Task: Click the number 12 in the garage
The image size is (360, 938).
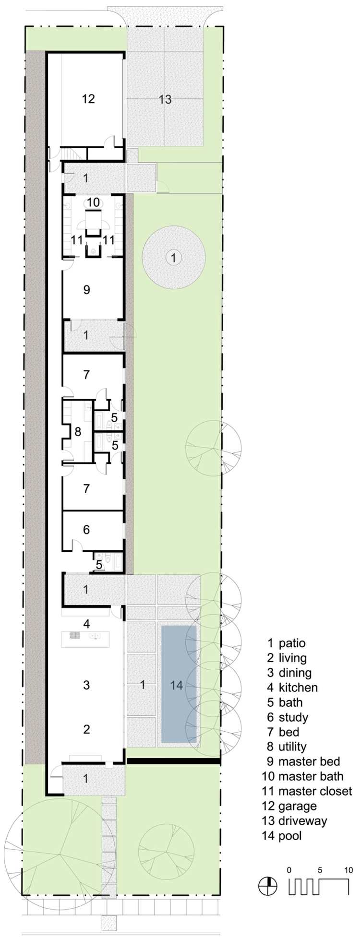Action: [88, 99]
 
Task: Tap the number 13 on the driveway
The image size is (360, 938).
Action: [165, 100]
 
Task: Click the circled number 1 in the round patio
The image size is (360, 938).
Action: [174, 258]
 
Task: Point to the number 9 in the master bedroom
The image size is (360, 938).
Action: [86, 290]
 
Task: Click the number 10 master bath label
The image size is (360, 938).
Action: [94, 202]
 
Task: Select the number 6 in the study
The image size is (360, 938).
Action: [86, 530]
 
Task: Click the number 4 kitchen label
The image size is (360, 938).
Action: [86, 624]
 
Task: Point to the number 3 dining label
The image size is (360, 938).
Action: [86, 685]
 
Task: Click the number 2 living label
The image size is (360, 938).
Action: [86, 729]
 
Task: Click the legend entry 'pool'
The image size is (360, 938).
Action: [290, 835]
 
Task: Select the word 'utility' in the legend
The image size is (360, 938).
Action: [292, 747]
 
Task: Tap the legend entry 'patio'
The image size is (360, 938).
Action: [292, 643]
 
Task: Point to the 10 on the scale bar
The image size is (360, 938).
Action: [348, 870]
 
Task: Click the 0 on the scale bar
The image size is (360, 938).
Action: [289, 870]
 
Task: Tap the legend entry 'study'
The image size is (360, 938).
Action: [293, 717]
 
